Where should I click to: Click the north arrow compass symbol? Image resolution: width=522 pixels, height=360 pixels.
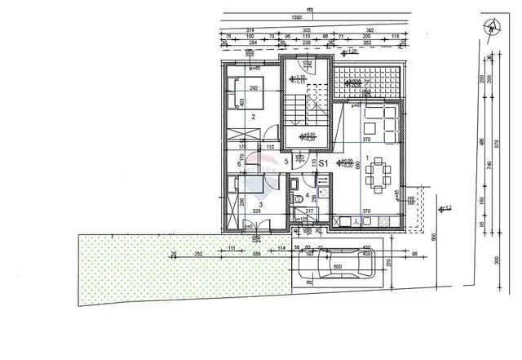492,26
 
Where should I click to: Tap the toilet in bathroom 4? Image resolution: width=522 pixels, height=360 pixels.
299,199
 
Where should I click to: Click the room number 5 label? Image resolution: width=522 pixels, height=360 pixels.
286,162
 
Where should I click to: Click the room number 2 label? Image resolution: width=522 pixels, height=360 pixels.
254,118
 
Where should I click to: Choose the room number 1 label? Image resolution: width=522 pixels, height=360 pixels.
368,158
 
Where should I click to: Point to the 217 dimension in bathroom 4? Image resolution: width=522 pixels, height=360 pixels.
309,211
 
